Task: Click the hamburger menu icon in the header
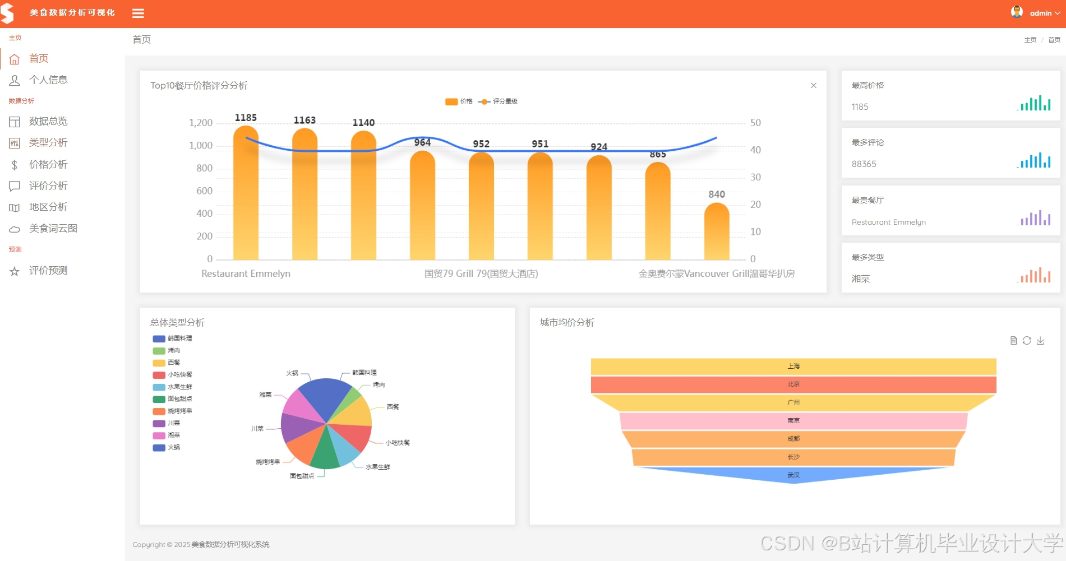(x=138, y=13)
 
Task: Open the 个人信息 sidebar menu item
(x=48, y=80)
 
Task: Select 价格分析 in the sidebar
(x=48, y=164)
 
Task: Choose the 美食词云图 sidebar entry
(x=53, y=229)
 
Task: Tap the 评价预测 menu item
(x=48, y=271)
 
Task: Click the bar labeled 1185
(x=246, y=196)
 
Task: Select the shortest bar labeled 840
(x=717, y=233)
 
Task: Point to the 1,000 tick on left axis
(x=201, y=146)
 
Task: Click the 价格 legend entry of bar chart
(x=459, y=101)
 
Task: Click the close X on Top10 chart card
(x=814, y=85)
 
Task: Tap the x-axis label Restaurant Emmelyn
(x=246, y=273)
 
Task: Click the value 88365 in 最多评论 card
(x=864, y=164)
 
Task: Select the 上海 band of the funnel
(x=793, y=367)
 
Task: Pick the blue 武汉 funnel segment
(x=793, y=475)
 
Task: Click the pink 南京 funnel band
(x=793, y=421)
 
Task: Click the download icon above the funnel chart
(x=1040, y=341)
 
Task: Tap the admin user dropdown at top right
(x=1040, y=13)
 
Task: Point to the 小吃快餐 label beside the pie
(x=398, y=443)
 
